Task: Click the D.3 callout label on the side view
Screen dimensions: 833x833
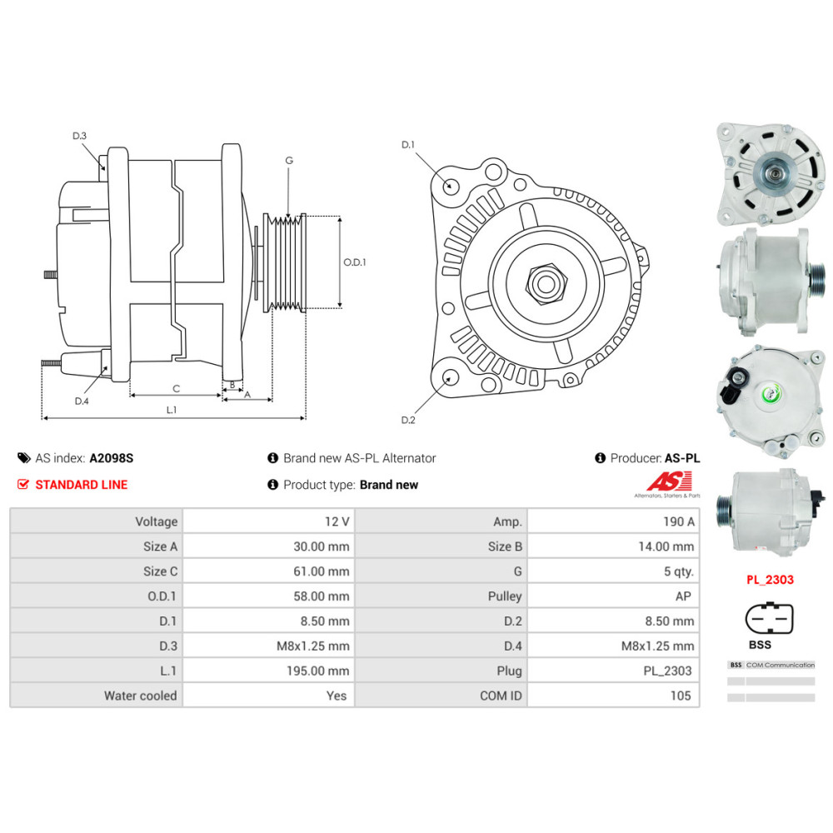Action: point(80,136)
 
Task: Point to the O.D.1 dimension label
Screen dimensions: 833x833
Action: point(355,262)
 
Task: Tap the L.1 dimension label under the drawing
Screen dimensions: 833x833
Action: point(172,409)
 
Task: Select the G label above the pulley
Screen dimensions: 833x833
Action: point(289,160)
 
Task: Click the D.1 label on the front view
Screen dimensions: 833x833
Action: point(408,145)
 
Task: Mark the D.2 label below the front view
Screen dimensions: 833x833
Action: point(408,420)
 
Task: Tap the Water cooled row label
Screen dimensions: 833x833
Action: point(140,696)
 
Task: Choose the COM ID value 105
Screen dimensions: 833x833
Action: point(680,696)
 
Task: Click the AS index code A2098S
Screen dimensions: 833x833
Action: point(112,458)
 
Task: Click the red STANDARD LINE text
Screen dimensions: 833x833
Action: point(81,485)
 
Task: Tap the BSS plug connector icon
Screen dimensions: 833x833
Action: point(767,619)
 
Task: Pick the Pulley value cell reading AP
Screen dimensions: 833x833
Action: point(684,596)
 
